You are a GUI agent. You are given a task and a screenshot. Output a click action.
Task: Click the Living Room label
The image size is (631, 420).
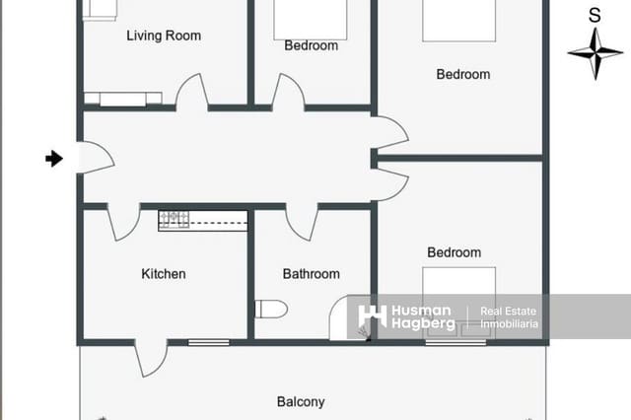coord(164,36)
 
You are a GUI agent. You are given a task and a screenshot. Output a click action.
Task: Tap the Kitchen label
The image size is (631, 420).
coord(164,274)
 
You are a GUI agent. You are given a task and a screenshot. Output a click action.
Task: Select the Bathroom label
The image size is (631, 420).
coord(311,274)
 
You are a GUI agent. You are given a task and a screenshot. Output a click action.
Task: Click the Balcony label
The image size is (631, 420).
coord(301,402)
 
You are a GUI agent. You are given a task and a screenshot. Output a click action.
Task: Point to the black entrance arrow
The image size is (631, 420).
coord(54,158)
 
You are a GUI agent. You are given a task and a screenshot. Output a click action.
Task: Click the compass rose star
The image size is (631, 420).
coord(595,52)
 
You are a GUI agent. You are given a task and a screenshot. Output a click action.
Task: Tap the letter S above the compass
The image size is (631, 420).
coord(595,16)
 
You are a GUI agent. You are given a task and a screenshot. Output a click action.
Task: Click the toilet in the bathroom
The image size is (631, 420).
coord(270,310)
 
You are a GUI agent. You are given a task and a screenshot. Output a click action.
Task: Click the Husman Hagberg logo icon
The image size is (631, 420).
coord(372,316)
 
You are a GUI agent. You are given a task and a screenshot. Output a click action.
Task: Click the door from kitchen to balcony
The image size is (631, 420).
coord(151,358)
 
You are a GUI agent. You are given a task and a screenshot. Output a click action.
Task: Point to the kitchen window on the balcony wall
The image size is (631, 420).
coord(208,342)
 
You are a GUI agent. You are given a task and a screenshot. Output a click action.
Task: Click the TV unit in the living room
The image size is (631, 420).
coord(123,99)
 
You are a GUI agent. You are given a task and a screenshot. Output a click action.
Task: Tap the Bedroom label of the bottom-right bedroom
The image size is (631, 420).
coord(454,253)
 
